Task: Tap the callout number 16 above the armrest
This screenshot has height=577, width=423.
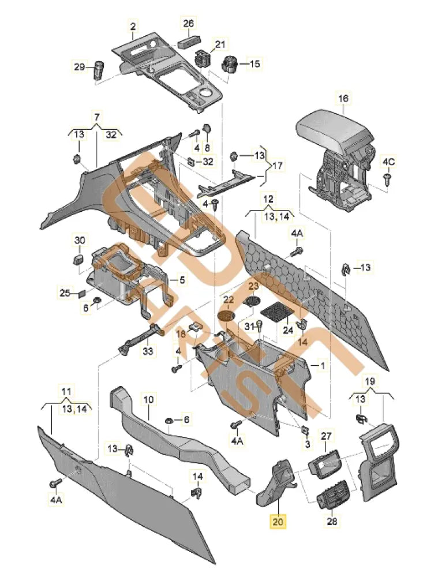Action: (343, 99)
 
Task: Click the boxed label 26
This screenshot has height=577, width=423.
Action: (189, 24)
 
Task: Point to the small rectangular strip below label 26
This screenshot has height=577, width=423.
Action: (189, 42)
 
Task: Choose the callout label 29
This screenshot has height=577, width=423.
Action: (79, 67)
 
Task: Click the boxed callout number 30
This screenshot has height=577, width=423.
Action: (80, 239)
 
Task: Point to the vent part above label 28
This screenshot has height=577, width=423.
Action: (331, 493)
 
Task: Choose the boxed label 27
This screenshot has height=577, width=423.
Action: (327, 436)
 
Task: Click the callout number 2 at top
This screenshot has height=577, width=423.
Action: (133, 27)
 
